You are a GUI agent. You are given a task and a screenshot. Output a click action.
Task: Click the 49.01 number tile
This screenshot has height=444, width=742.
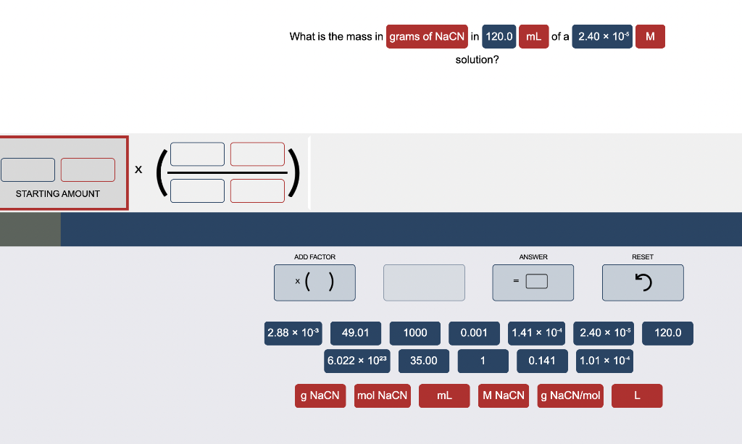click(356, 333)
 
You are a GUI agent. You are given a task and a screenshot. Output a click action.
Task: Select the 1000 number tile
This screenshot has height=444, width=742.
click(415, 333)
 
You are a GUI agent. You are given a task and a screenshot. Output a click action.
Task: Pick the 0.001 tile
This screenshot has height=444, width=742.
click(475, 333)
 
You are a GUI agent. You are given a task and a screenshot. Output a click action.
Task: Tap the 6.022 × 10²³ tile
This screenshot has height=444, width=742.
click(358, 361)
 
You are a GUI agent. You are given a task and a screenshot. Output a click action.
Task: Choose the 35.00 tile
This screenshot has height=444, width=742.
click(423, 361)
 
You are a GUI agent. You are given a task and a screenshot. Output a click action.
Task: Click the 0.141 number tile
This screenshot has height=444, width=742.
click(542, 361)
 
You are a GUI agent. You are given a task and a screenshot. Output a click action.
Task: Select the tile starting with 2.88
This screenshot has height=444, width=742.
click(293, 333)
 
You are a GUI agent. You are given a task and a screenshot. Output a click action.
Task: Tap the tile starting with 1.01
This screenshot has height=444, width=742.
click(605, 361)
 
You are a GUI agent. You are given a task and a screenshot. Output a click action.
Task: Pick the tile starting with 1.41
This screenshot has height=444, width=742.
click(537, 333)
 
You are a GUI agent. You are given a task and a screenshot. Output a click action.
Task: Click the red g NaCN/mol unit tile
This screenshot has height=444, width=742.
click(571, 395)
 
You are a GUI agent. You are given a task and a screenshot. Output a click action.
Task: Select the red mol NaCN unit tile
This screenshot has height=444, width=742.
click(382, 395)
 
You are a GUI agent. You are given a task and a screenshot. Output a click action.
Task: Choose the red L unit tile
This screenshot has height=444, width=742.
click(637, 395)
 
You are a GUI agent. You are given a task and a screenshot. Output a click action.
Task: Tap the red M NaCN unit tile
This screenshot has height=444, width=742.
click(504, 395)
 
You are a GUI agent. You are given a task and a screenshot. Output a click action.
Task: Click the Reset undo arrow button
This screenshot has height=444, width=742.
click(643, 282)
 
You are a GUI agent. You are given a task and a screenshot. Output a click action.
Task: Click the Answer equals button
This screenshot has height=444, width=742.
click(533, 282)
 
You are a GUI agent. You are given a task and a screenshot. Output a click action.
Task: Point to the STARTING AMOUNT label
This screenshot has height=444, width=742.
click(58, 194)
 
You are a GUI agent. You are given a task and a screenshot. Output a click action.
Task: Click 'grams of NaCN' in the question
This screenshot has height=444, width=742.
click(427, 36)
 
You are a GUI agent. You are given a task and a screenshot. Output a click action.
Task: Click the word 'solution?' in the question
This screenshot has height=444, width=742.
click(477, 59)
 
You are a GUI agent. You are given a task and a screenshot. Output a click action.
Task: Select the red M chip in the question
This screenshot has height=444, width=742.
click(650, 36)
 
